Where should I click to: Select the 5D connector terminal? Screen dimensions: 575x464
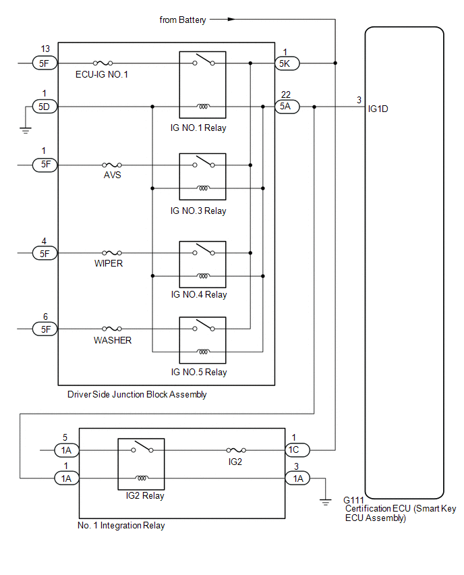tap(45, 106)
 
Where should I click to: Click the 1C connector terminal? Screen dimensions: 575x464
tap(298, 449)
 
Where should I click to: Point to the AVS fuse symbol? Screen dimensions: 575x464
tap(112, 165)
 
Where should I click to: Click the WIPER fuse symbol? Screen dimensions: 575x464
tap(112, 253)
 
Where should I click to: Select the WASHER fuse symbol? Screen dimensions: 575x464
tap(112, 329)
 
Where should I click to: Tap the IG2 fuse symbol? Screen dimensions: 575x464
tap(235, 449)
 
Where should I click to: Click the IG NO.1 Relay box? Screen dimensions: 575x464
tap(202, 84)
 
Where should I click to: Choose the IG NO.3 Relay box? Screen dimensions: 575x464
tap(202, 176)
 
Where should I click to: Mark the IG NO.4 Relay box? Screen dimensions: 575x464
tap(202, 264)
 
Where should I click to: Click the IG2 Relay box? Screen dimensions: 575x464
tap(141, 464)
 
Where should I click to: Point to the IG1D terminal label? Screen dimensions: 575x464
tap(378, 107)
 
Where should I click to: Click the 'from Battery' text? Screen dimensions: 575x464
tap(183, 20)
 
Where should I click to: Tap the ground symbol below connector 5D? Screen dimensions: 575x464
tap(26, 129)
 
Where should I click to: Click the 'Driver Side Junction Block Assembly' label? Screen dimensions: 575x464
tap(137, 395)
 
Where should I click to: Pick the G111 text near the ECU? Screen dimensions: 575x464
tap(355, 500)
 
